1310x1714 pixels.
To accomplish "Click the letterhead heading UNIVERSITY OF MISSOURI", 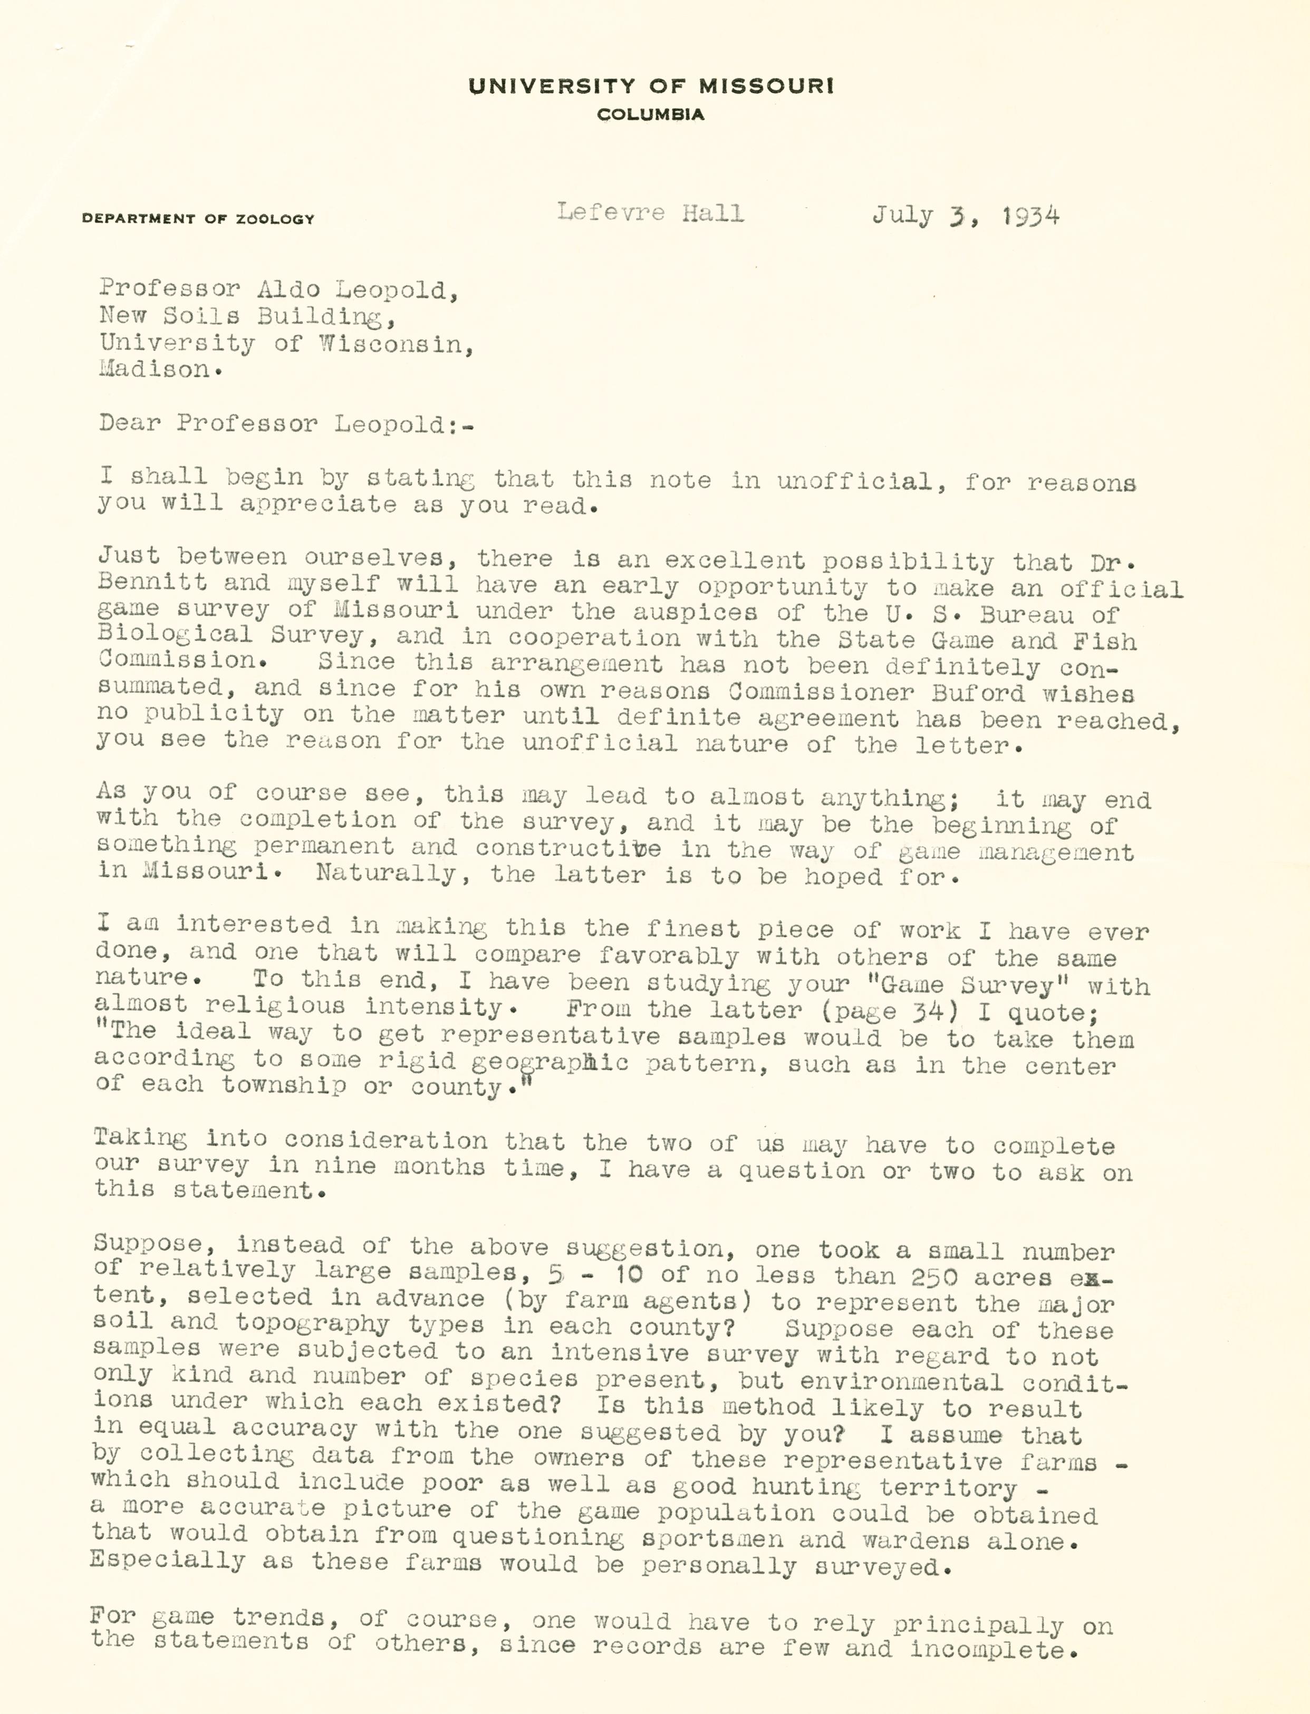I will point(650,86).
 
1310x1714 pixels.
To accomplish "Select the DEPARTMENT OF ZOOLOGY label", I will point(198,219).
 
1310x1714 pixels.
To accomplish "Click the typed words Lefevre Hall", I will point(650,213).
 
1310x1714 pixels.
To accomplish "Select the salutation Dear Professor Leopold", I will point(285,423).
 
